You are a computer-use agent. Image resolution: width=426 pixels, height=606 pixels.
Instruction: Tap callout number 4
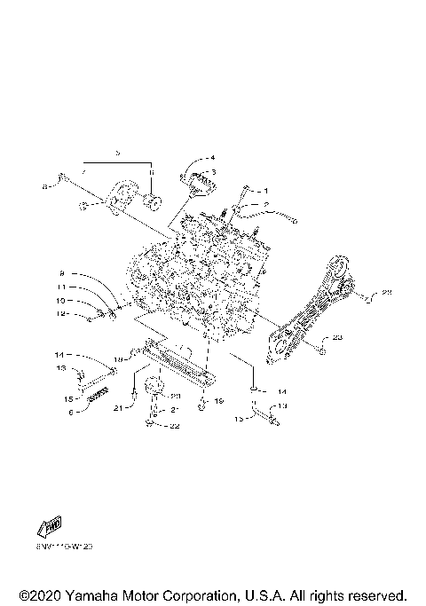point(212,159)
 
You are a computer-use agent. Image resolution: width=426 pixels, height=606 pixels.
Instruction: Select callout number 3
point(212,172)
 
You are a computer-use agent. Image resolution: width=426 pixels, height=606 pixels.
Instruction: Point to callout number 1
point(264,191)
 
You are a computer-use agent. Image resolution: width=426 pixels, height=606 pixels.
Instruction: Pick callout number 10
point(63,301)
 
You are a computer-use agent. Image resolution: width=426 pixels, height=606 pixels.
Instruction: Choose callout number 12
point(63,313)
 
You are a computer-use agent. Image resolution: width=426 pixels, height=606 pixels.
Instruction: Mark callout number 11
point(63,288)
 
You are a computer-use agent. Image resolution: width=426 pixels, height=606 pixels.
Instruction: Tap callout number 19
point(217,401)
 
